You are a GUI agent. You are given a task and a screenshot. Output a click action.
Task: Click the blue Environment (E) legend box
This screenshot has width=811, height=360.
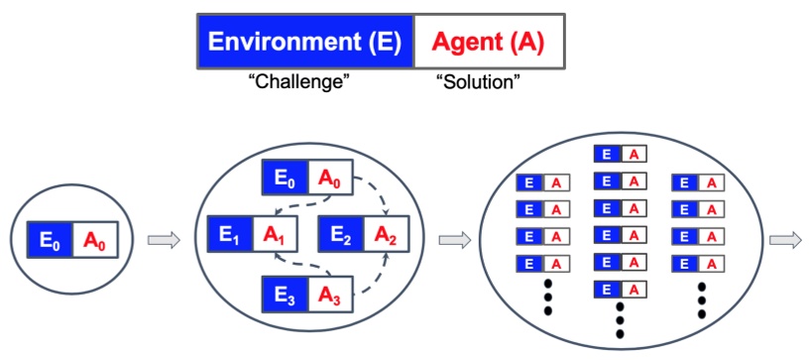[x=304, y=42]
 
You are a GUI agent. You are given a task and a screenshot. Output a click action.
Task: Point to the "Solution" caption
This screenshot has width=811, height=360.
[x=479, y=83]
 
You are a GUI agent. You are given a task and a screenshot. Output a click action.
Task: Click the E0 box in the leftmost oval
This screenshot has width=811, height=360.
[x=51, y=240]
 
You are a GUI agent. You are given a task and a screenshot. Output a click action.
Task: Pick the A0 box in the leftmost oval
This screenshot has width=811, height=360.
[x=94, y=240]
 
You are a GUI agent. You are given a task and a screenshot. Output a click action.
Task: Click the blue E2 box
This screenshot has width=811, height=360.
[x=340, y=235]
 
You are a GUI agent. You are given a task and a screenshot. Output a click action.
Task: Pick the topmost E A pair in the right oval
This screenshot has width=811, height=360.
[x=620, y=154]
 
